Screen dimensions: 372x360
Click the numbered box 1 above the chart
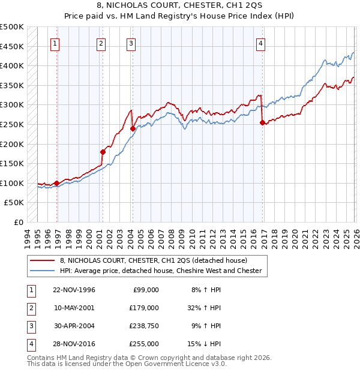[x=55, y=43]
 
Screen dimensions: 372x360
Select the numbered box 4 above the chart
[x=261, y=43]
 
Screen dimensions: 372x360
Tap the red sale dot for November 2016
[x=262, y=122]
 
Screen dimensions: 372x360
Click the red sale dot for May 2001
[x=103, y=152]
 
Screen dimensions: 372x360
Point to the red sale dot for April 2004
[x=133, y=128]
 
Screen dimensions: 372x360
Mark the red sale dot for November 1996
[x=56, y=183]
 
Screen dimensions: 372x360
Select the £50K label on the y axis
[x=14, y=203]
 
